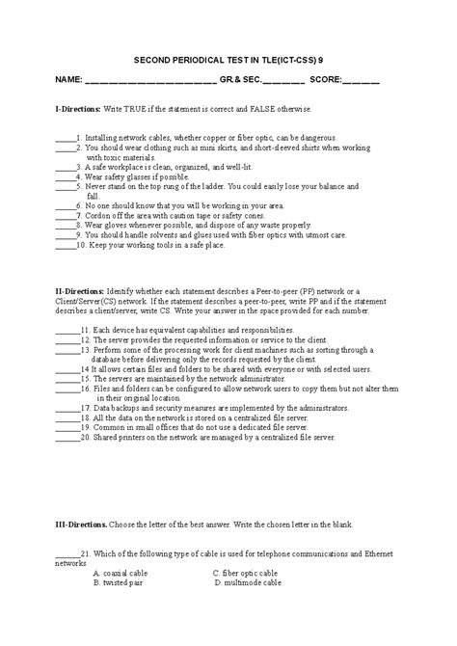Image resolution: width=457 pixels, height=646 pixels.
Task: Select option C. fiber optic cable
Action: tap(250, 574)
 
